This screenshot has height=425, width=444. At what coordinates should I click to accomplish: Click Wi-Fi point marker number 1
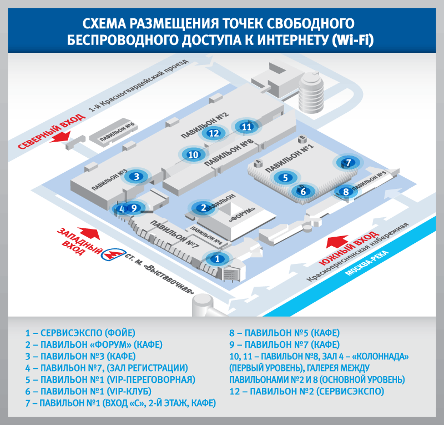[218, 258]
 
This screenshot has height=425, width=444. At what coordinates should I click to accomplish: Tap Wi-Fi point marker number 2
[204, 208]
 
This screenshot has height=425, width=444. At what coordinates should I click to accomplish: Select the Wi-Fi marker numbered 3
[136, 177]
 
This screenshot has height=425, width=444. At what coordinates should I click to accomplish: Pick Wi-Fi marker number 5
[285, 178]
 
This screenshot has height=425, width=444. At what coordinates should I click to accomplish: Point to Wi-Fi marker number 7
[348, 163]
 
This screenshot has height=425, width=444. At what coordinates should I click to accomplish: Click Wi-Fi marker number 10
[193, 155]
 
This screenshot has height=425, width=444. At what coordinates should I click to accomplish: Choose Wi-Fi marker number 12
[214, 133]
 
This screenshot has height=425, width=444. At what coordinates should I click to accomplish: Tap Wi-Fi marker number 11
[247, 127]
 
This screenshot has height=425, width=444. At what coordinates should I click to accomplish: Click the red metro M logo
[114, 255]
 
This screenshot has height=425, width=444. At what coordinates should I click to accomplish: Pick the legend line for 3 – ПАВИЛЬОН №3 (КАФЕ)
[80, 356]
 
